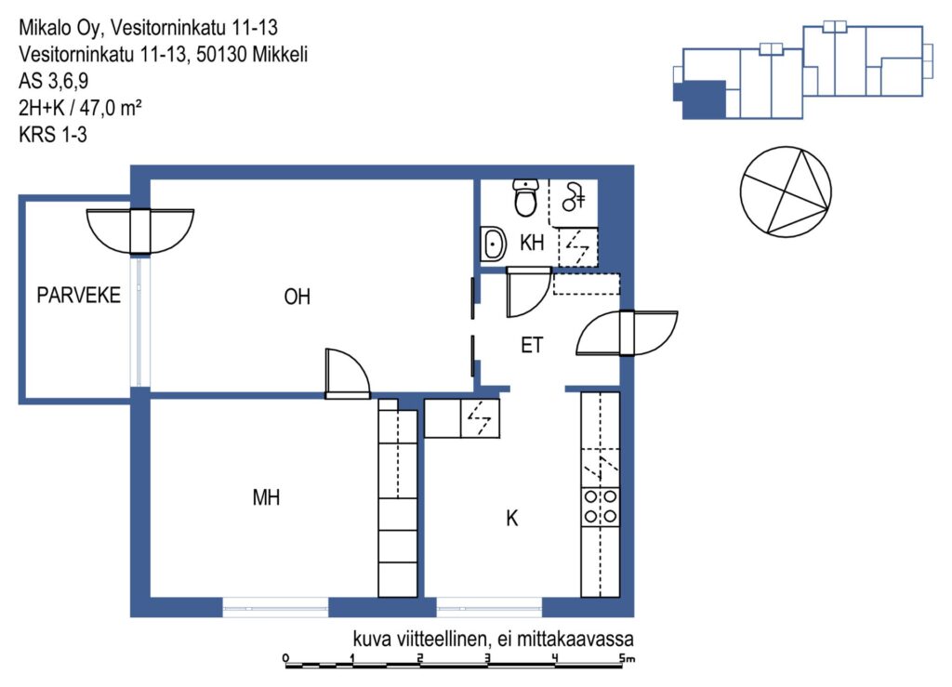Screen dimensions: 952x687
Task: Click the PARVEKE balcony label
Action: (x=78, y=295)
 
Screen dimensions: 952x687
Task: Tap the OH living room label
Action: (x=297, y=297)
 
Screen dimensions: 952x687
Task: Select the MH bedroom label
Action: (x=266, y=497)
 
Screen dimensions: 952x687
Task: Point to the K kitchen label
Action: (x=512, y=519)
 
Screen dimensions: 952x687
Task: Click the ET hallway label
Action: (x=532, y=345)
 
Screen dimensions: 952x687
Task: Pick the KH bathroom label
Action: (x=532, y=243)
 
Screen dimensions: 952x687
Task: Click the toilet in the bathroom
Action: (x=526, y=197)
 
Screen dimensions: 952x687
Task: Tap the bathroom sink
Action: (x=493, y=244)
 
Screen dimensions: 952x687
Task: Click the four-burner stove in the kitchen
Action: (x=601, y=507)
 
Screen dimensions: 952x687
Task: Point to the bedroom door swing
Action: (x=348, y=373)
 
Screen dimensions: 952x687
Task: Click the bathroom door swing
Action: (x=529, y=292)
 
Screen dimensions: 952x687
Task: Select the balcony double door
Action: (x=140, y=231)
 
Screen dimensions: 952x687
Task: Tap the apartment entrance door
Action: (x=627, y=333)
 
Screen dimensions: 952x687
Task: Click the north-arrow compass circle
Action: (x=786, y=192)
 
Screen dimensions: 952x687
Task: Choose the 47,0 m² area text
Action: (x=111, y=108)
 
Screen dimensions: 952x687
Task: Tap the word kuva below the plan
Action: (x=372, y=639)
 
